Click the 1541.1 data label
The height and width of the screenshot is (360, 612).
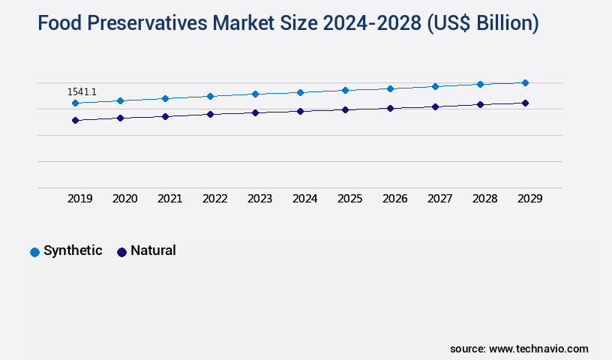pos(82,91)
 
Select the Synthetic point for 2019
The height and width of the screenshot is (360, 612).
pos(75,103)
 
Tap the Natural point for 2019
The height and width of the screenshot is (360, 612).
pos(75,120)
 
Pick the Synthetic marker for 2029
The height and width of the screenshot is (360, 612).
pos(525,82)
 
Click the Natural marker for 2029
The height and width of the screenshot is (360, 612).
pos(525,103)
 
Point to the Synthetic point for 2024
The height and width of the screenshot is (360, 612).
pos(300,92)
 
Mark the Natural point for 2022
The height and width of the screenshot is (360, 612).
pos(210,114)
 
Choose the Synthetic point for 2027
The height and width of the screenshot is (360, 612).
pos(435,86)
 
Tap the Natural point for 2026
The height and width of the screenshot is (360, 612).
pos(390,108)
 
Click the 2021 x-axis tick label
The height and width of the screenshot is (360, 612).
pos(170,199)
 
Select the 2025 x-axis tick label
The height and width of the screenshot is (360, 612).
pos(350,199)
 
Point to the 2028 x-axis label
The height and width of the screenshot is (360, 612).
pos(485,199)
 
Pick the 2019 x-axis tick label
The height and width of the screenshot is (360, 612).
pos(80,199)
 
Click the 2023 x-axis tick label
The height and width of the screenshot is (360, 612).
pos(260,199)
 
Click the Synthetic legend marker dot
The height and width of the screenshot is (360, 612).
pos(34,252)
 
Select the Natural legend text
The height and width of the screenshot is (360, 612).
pos(153,250)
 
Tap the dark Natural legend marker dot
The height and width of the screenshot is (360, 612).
pos(121,252)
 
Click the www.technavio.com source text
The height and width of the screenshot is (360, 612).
pos(538,349)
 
